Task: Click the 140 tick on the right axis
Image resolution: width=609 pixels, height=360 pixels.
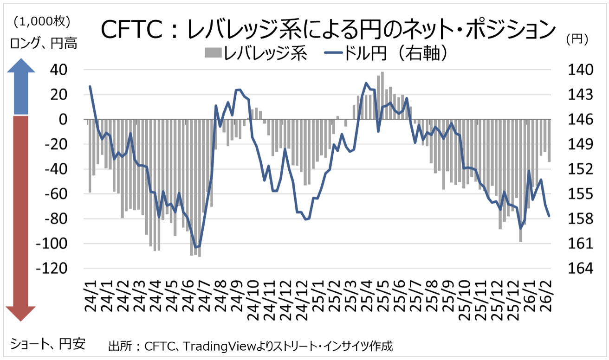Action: coord(577,71)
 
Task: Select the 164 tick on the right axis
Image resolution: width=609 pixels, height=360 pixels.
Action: coord(577,269)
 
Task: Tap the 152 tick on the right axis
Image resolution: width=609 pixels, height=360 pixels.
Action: coord(577,170)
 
